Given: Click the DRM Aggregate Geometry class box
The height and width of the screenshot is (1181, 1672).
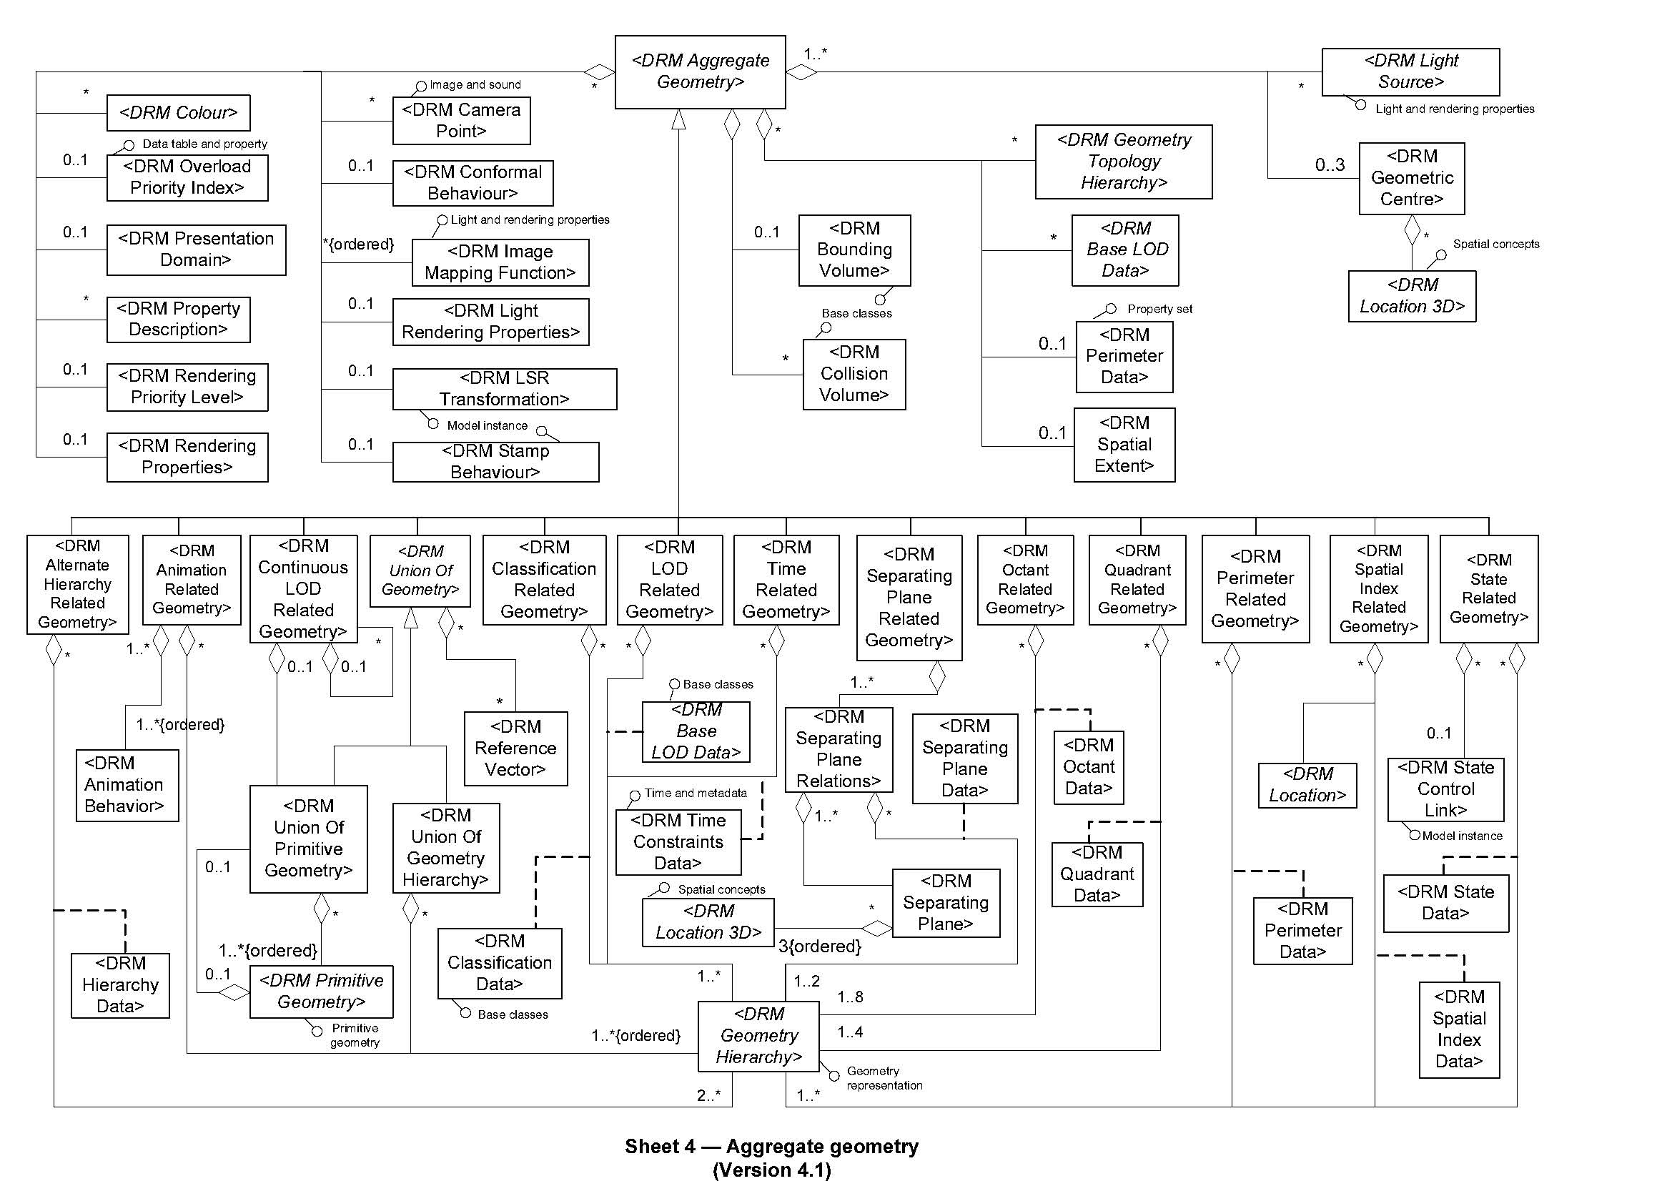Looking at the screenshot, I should point(700,71).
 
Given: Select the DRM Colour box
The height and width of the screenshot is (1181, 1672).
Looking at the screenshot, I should point(178,113).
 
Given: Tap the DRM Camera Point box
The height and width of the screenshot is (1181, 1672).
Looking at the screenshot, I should point(461,121).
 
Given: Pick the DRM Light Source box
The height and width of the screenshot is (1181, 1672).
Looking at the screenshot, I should point(1410,71).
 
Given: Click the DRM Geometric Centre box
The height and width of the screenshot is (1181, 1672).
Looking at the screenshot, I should point(1411,178).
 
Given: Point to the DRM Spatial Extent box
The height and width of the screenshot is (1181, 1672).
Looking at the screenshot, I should point(1124,444).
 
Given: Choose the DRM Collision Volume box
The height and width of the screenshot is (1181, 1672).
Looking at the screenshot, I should point(854,373).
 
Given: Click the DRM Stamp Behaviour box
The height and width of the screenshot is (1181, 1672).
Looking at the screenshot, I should point(495,462).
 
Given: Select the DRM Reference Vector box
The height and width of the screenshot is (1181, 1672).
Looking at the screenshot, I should point(515,748).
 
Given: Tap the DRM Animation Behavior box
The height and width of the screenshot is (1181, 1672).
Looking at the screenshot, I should point(127,785).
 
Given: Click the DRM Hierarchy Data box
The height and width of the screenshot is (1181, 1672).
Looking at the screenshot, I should point(120,984).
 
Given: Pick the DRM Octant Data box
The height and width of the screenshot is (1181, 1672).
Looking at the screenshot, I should point(1088,766).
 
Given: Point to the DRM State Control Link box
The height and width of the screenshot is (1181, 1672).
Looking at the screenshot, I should point(1445,789).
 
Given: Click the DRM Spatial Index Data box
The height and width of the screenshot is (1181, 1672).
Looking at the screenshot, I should point(1459,1029).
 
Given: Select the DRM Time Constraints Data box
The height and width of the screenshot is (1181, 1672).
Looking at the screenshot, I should point(678,841).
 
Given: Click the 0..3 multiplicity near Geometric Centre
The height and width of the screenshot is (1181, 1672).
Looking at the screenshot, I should point(1329,165).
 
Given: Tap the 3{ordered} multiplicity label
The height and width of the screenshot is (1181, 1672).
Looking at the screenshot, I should point(819,947).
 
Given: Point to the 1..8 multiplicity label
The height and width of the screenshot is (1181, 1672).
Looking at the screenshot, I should point(850,997).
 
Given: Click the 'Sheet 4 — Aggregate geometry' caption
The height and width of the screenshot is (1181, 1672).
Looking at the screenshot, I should point(771,1147).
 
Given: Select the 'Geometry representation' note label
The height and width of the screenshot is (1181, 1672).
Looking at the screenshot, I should point(884,1077).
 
